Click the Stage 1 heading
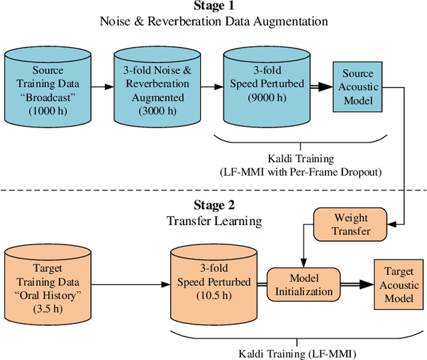point(213,7)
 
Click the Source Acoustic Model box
point(359,87)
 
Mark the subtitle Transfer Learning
point(213,220)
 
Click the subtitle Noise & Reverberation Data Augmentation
point(213,21)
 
